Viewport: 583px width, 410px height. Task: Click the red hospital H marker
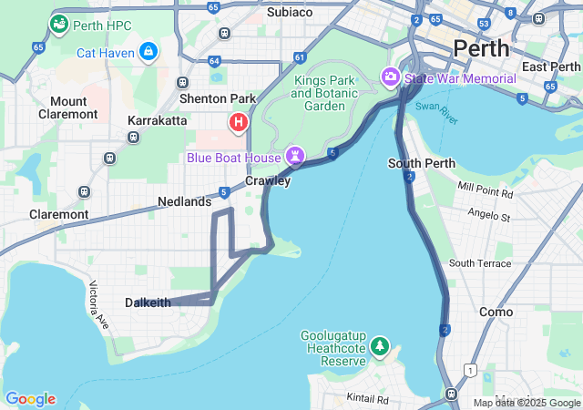[x=239, y=121]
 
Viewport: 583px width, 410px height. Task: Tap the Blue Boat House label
[x=234, y=158]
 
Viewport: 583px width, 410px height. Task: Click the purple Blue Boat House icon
[x=295, y=157]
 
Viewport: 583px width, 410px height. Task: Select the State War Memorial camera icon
[x=392, y=78]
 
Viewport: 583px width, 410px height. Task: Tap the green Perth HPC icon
[x=59, y=24]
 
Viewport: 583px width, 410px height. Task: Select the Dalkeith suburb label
[x=148, y=302]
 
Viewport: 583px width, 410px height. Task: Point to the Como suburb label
[x=496, y=311]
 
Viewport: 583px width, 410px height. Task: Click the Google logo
[x=30, y=399]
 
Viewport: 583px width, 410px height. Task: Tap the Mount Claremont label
[x=68, y=108]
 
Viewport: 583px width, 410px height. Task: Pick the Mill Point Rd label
[x=486, y=192]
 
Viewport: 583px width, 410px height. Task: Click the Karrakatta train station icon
[x=134, y=138]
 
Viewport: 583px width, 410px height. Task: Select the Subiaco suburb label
[x=290, y=12]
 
